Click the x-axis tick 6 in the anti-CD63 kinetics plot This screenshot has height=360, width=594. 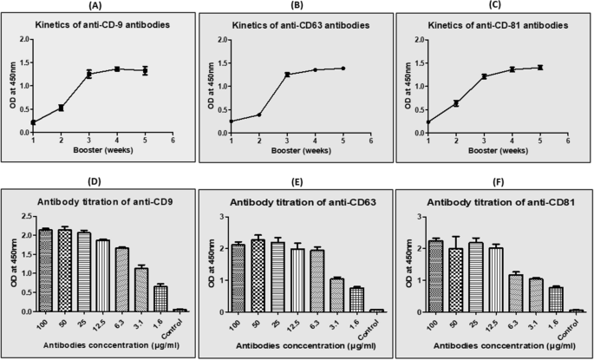371,141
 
